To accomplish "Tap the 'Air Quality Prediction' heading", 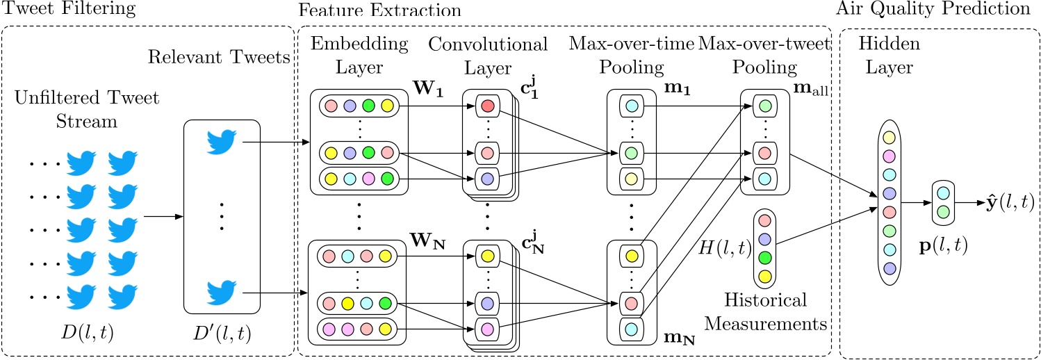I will (962, 9).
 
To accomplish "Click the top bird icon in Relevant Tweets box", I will (222, 142).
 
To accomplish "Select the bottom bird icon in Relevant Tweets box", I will (222, 293).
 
